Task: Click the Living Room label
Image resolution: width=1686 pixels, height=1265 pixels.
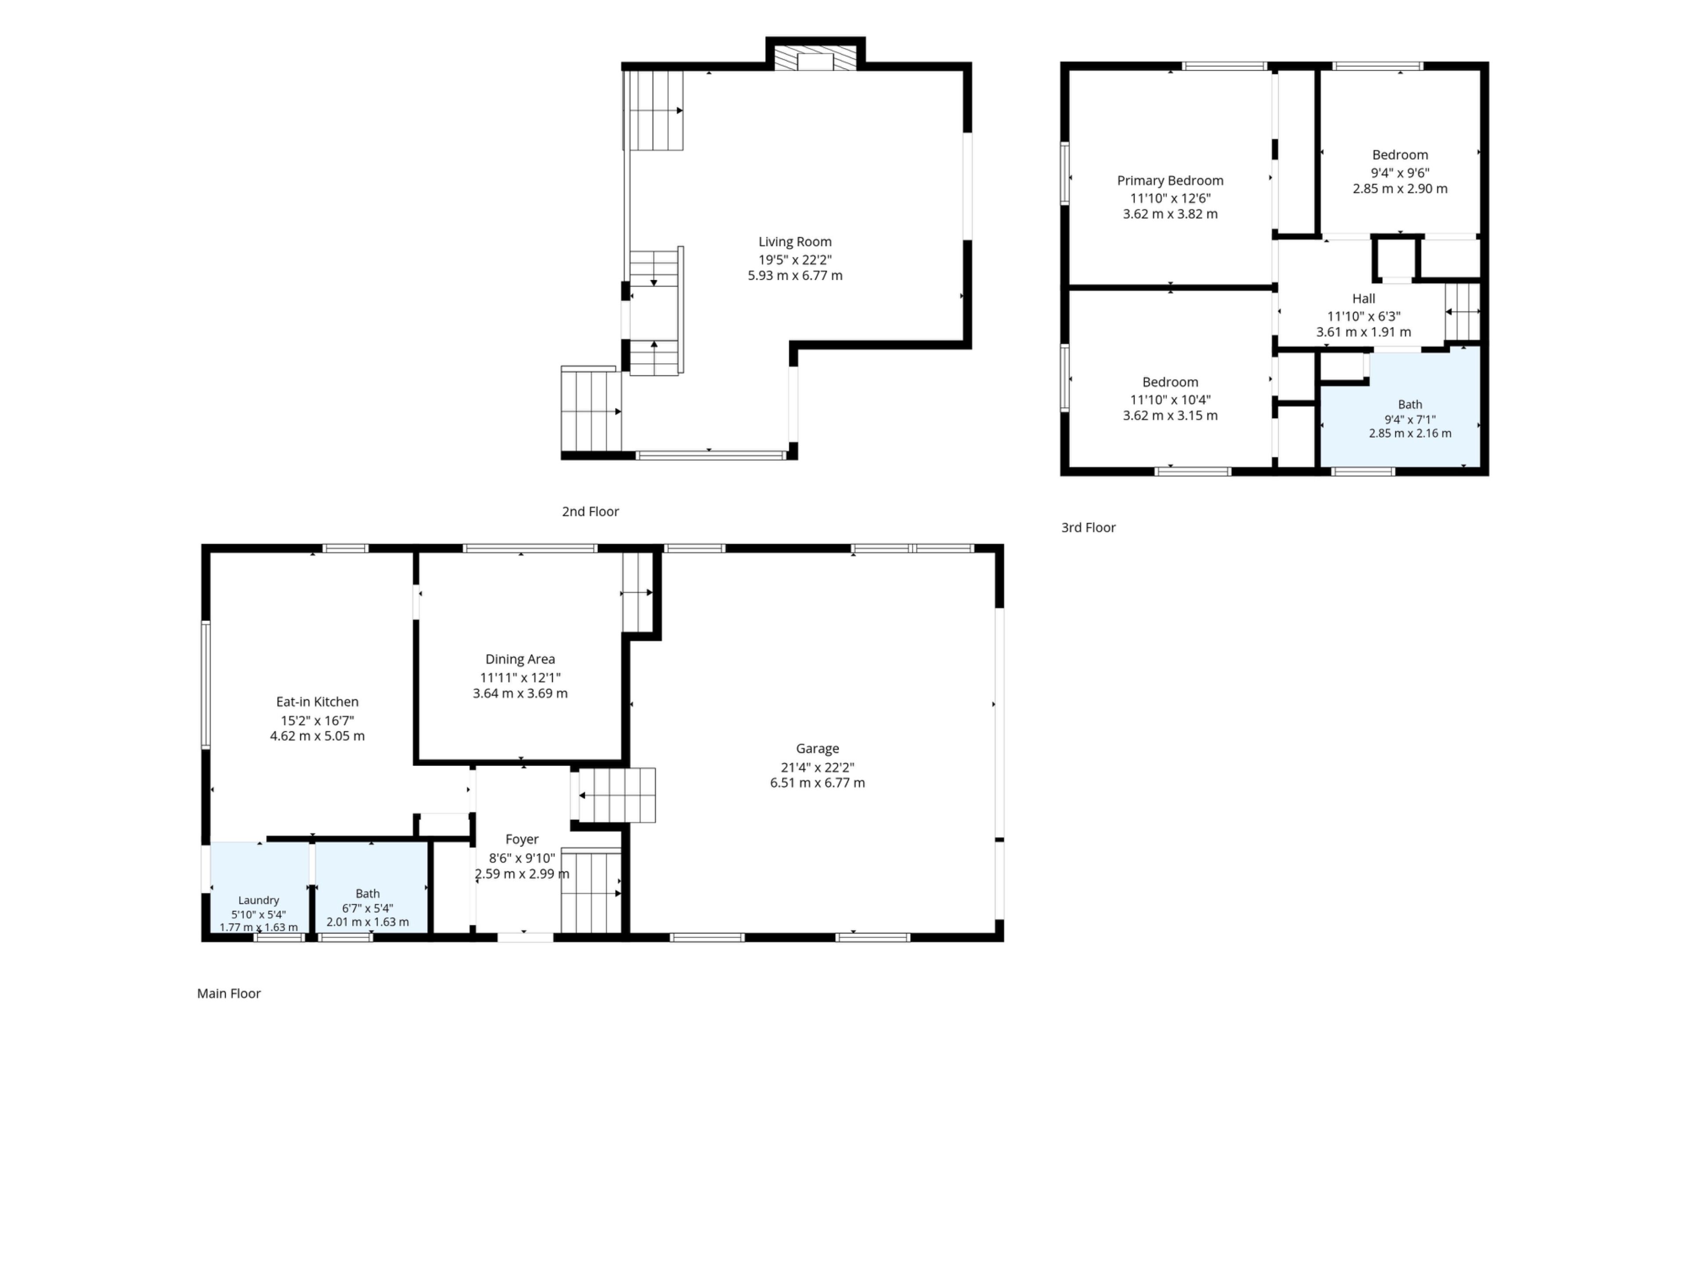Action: click(795, 242)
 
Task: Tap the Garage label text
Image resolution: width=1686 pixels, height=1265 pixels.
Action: click(817, 749)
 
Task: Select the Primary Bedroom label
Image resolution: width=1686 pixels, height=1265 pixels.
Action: click(1170, 181)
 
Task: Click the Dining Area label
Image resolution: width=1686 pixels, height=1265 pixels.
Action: click(520, 659)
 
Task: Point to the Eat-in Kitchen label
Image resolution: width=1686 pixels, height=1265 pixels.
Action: click(317, 701)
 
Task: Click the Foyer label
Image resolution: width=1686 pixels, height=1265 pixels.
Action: click(522, 839)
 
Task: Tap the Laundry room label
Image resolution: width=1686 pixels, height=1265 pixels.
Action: click(258, 900)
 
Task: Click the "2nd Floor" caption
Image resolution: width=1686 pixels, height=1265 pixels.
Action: click(590, 512)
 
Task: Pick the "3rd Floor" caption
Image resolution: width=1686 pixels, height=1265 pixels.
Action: click(1088, 528)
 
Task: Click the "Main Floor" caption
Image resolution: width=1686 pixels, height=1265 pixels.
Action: click(229, 994)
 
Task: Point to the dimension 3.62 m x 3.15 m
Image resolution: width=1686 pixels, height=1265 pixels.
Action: click(1170, 416)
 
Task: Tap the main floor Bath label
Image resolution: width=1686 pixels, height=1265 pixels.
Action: click(367, 894)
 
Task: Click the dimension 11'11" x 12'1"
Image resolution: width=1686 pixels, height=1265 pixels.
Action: click(520, 677)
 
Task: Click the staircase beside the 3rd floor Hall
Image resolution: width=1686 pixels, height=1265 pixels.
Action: click(1463, 312)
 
